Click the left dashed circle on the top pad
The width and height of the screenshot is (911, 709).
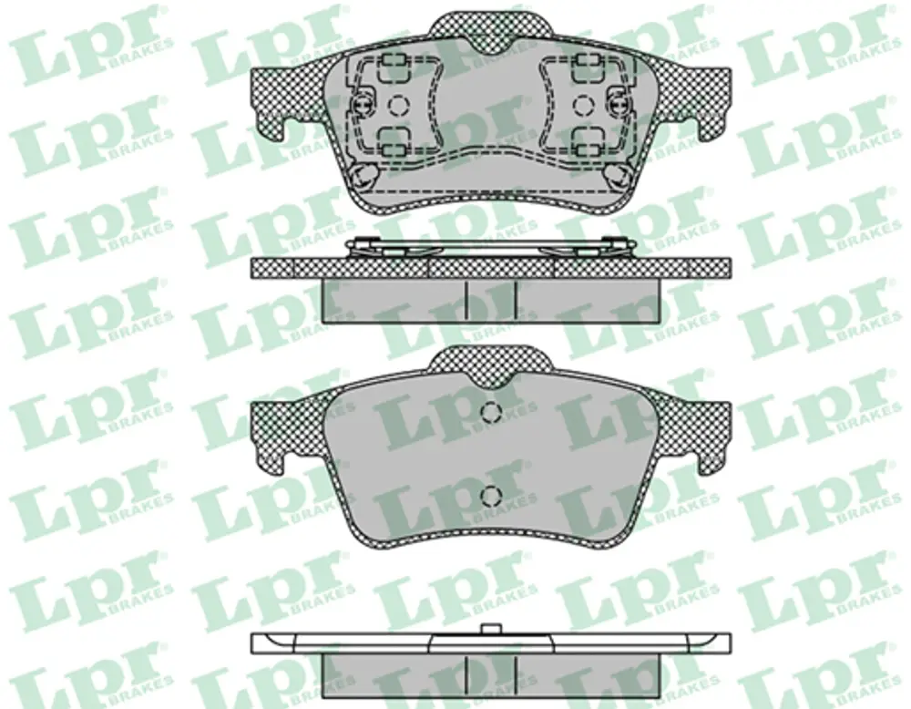click(397, 105)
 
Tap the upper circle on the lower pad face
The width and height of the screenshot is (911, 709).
click(491, 411)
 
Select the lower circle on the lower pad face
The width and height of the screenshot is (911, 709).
click(491, 495)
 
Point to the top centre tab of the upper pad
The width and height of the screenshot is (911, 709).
click(491, 28)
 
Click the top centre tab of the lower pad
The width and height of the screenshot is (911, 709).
click(491, 364)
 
